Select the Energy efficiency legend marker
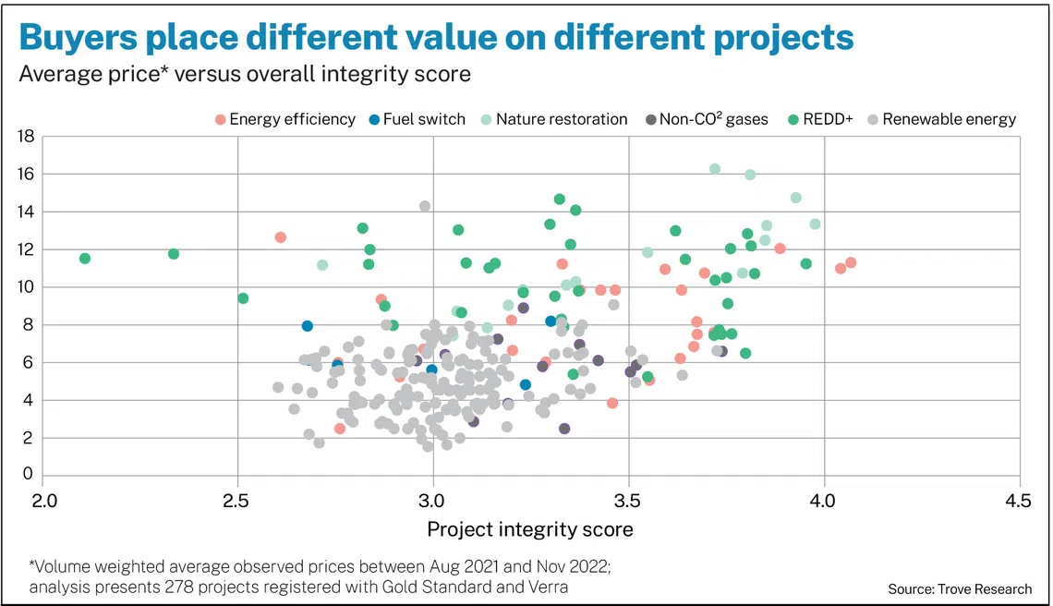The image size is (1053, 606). coord(220,119)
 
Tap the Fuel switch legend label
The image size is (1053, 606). coord(425,119)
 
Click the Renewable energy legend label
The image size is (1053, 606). coord(949,119)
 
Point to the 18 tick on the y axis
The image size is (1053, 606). coord(25,137)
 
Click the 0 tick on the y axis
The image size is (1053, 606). coord(29,476)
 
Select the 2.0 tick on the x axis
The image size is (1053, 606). coord(43,500)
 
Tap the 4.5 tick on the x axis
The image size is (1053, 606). coord(1020,500)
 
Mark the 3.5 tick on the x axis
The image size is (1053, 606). coord(628,500)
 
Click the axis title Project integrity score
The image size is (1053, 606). coord(530,529)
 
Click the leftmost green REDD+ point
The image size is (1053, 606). coord(85,259)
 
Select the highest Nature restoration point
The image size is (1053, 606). coord(714,169)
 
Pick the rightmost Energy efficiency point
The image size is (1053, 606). coord(851,262)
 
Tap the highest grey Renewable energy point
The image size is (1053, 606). coord(425,206)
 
